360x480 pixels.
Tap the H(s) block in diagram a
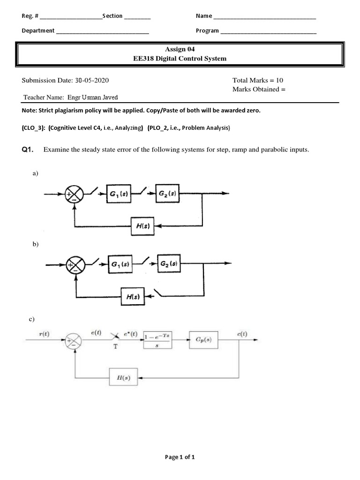pos(143,226)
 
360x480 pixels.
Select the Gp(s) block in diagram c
pos(204,340)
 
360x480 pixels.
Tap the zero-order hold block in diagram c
pos(157,340)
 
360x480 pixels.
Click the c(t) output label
pos(242,333)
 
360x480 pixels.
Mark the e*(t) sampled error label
pos(131,333)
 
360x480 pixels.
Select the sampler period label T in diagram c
pos(115,347)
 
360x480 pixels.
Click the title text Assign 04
pos(180,49)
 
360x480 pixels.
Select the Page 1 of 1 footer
pos(180,457)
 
